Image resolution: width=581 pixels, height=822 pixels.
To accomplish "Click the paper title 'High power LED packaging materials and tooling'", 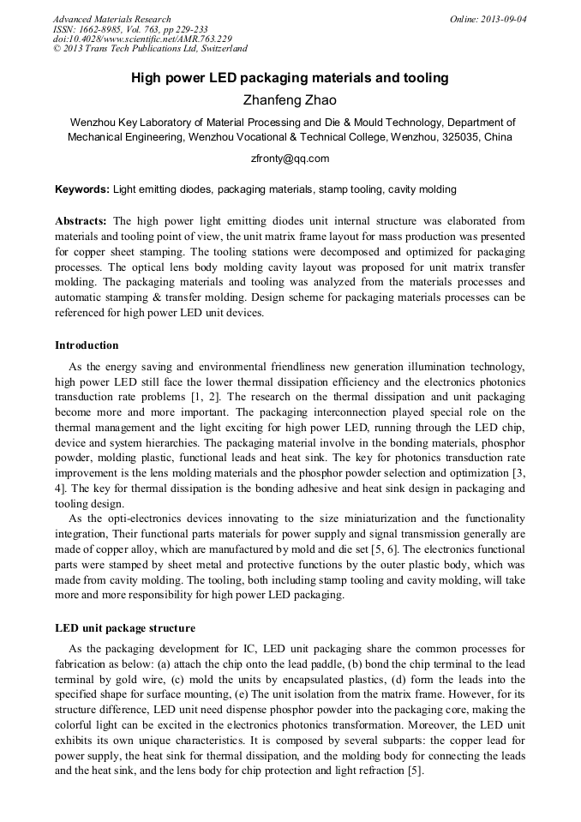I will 290,78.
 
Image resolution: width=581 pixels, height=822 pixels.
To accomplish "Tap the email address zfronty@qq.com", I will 290,159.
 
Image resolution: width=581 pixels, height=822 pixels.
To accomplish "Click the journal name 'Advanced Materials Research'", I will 111,19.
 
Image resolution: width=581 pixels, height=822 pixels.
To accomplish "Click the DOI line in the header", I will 142,39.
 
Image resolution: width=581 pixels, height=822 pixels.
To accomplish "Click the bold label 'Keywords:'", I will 82,189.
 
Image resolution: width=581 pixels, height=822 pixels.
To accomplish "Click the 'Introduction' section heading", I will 87,345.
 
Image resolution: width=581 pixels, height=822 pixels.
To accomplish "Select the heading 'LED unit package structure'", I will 125,628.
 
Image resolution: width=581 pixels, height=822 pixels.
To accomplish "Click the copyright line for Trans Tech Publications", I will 150,49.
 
